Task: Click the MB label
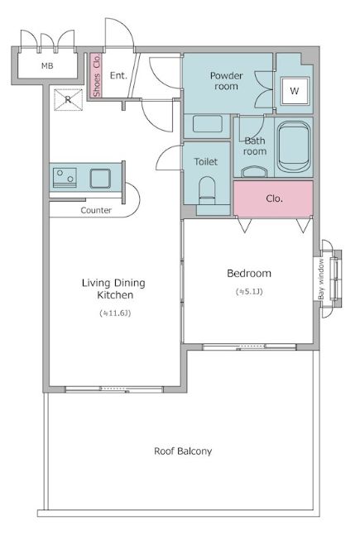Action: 47,66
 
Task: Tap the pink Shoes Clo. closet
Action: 96,75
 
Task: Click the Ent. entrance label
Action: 118,75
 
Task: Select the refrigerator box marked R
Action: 68,100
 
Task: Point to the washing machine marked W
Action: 295,91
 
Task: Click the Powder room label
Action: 226,81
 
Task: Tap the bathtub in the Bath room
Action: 294,146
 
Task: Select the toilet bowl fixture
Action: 207,191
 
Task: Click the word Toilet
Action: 206,161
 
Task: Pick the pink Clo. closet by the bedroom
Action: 274,198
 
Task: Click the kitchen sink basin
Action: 100,179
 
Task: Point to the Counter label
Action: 96,210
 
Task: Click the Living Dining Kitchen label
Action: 114,289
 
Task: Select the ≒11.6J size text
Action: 115,313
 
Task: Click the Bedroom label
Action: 249,274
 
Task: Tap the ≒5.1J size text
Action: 249,292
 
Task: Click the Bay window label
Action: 321,279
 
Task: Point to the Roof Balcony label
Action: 183,451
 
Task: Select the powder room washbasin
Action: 207,124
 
